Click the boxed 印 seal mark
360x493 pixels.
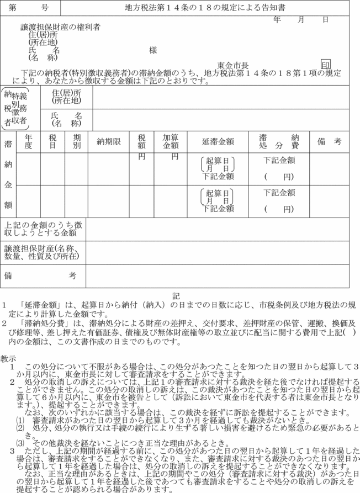(x=326, y=65)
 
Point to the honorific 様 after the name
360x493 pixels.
(x=153, y=50)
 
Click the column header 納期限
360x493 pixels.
(x=109, y=141)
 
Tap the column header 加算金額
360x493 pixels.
(x=170, y=141)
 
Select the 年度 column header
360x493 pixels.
(x=29, y=141)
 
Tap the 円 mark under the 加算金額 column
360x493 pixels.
(x=174, y=157)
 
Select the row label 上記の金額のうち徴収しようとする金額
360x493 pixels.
(x=44, y=229)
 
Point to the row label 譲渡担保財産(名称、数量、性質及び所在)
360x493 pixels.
(x=44, y=252)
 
